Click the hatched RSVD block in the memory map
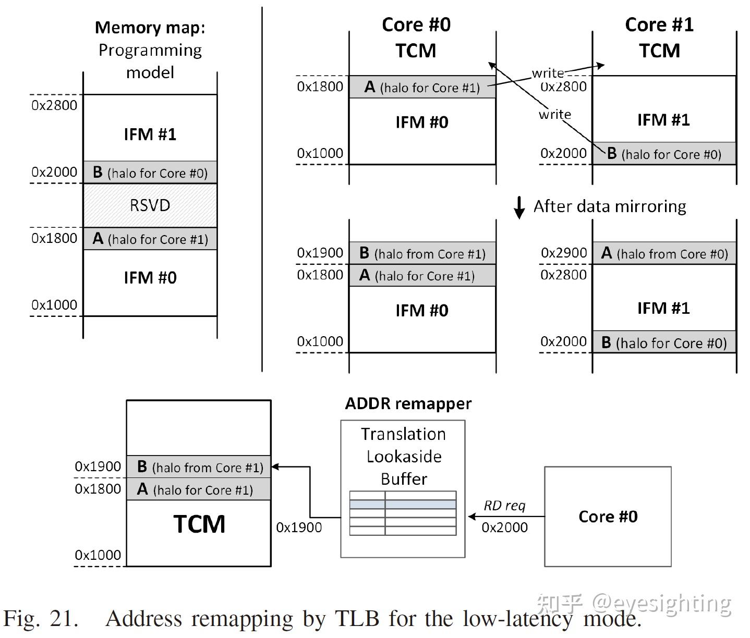point(150,205)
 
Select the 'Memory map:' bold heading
point(150,28)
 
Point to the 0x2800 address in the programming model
point(54,105)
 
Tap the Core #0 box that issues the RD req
point(608,516)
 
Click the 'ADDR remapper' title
point(408,403)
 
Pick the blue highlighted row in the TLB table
point(403,505)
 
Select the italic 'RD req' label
point(504,506)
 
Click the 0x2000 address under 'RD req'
point(504,527)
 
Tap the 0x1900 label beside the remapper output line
point(299,527)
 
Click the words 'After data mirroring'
point(609,206)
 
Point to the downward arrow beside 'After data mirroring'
point(519,207)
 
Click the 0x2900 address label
point(564,253)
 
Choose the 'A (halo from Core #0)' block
point(664,253)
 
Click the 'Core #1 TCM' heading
point(659,38)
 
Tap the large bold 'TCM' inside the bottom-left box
point(199,524)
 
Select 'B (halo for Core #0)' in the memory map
point(150,173)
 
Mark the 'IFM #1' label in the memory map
point(150,134)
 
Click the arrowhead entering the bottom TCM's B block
point(275,467)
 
